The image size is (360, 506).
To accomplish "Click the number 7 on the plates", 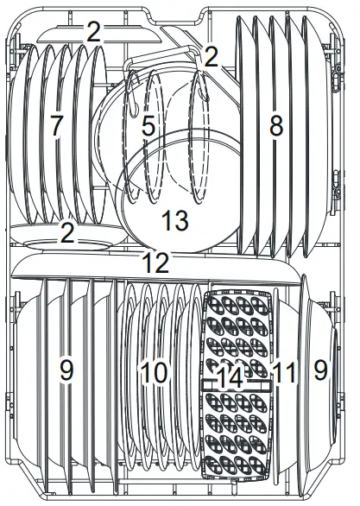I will (x=57, y=125).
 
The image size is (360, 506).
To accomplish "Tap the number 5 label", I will (x=148, y=127).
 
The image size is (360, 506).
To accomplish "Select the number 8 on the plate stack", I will (x=275, y=126).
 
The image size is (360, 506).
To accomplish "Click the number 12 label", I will (x=156, y=263).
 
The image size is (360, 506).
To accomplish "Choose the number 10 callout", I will (x=153, y=373).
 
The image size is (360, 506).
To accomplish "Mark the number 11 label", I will (x=283, y=373).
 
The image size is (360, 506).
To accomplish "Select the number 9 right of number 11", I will (x=321, y=371).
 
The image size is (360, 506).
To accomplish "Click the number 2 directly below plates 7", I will (x=67, y=231).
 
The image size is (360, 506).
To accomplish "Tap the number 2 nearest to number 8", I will (x=210, y=57).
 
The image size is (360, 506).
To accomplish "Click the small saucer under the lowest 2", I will (x=60, y=245).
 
